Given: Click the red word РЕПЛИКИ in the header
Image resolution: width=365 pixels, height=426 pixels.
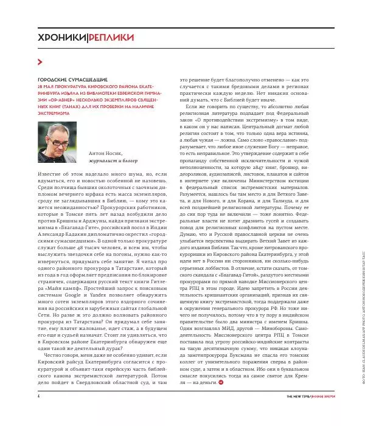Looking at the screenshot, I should coord(112,38).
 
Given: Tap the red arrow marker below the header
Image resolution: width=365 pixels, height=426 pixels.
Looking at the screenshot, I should coord(40,61).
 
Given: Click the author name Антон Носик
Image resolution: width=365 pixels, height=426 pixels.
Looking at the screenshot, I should coord(109,155).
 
